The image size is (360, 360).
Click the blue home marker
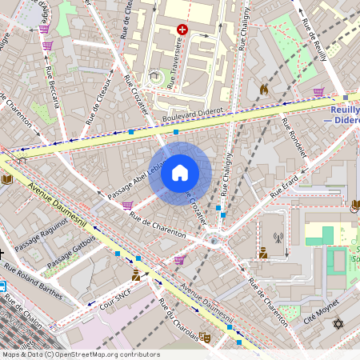coord(180,171)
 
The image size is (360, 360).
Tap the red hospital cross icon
coord(182,30)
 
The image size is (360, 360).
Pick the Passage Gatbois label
coord(71,251)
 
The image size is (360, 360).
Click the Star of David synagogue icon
coord(337,324)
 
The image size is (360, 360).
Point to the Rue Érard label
coord(284,186)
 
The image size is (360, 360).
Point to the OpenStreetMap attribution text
coord(80,354)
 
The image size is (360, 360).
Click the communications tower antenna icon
coord(278,237)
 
